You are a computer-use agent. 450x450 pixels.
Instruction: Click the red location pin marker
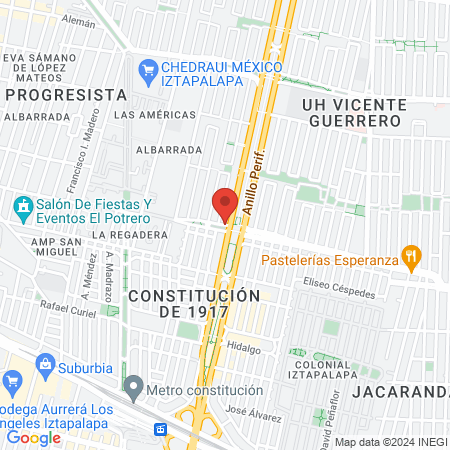[225, 204]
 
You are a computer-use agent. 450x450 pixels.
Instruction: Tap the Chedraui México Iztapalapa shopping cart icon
[147, 69]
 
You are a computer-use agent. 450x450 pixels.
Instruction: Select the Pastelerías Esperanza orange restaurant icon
[409, 257]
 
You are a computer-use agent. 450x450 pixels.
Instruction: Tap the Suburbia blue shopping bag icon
[13, 381]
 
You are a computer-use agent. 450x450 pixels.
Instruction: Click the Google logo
[34, 437]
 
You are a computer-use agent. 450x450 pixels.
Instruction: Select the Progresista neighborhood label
[66, 94]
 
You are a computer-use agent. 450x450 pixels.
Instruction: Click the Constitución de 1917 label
[194, 304]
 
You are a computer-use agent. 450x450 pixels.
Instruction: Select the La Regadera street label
[129, 235]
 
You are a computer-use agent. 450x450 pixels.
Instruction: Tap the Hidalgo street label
[243, 349]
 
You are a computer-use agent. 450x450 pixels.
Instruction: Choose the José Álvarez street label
[250, 411]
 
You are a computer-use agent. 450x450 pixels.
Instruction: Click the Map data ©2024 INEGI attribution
[390, 442]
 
